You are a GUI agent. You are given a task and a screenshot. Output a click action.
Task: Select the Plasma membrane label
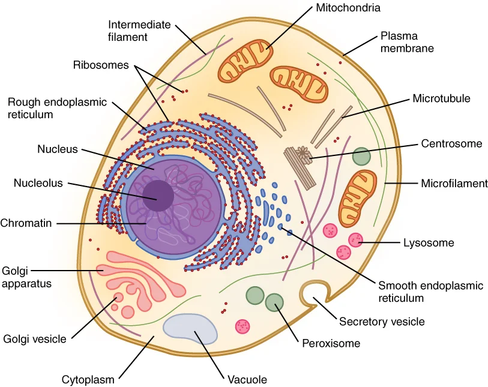(x=407, y=42)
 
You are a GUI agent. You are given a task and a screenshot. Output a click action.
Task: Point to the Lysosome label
(x=429, y=243)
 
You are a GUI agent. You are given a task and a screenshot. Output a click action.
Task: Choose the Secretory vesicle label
(x=382, y=322)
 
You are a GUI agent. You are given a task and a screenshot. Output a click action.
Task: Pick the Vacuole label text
(x=247, y=379)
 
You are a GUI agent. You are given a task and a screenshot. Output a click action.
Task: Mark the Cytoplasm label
(x=88, y=379)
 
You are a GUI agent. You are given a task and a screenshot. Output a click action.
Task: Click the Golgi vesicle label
(x=35, y=339)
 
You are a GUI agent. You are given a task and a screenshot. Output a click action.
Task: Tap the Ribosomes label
(x=101, y=65)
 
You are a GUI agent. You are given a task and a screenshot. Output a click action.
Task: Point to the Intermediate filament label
(x=139, y=31)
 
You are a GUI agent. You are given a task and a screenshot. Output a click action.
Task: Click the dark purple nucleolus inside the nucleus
(x=158, y=196)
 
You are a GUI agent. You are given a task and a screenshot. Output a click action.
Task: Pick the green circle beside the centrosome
(x=362, y=156)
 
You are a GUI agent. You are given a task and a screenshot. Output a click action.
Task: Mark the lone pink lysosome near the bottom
(x=243, y=326)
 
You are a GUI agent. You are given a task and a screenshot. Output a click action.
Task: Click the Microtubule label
(x=441, y=98)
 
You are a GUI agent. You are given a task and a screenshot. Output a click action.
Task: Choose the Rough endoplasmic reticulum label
(x=57, y=109)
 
